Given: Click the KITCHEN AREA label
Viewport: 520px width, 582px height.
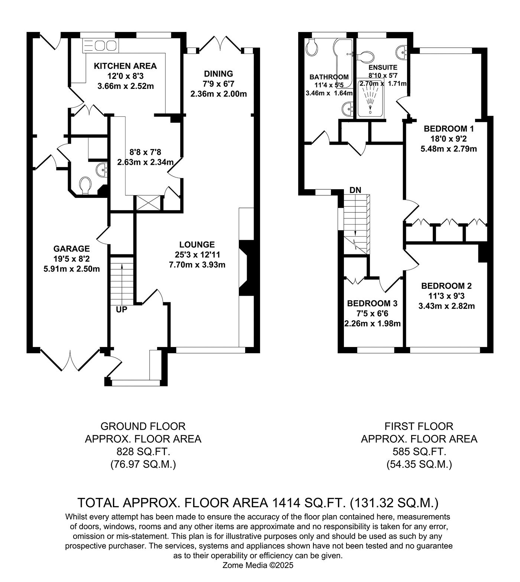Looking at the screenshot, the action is click(x=125, y=66).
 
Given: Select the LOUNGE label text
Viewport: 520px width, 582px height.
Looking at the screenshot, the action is click(x=197, y=244).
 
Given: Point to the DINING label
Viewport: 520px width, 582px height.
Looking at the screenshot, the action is click(x=218, y=74).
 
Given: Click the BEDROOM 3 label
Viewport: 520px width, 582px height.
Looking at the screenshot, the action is click(x=372, y=303).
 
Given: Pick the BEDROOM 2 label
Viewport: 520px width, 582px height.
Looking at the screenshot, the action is click(x=446, y=286).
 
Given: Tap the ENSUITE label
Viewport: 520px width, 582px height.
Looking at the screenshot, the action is click(x=383, y=68).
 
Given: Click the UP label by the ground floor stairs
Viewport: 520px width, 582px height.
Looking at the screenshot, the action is click(x=121, y=309).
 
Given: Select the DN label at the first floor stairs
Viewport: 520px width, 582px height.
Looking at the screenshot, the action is click(x=355, y=190).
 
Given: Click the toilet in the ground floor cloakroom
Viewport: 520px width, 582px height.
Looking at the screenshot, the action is click(x=85, y=185).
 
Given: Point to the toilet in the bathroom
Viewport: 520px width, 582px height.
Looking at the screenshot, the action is click(x=312, y=48).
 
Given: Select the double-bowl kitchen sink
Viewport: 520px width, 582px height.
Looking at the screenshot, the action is click(x=105, y=45).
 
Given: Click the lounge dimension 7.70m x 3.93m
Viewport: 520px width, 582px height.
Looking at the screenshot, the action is click(x=197, y=265).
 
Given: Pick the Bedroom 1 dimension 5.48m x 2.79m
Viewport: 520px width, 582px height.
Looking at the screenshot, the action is click(x=449, y=149).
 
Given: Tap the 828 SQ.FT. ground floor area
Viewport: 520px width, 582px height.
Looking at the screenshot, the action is click(x=143, y=452).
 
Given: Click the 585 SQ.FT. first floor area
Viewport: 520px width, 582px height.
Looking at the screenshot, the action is click(x=419, y=452).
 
